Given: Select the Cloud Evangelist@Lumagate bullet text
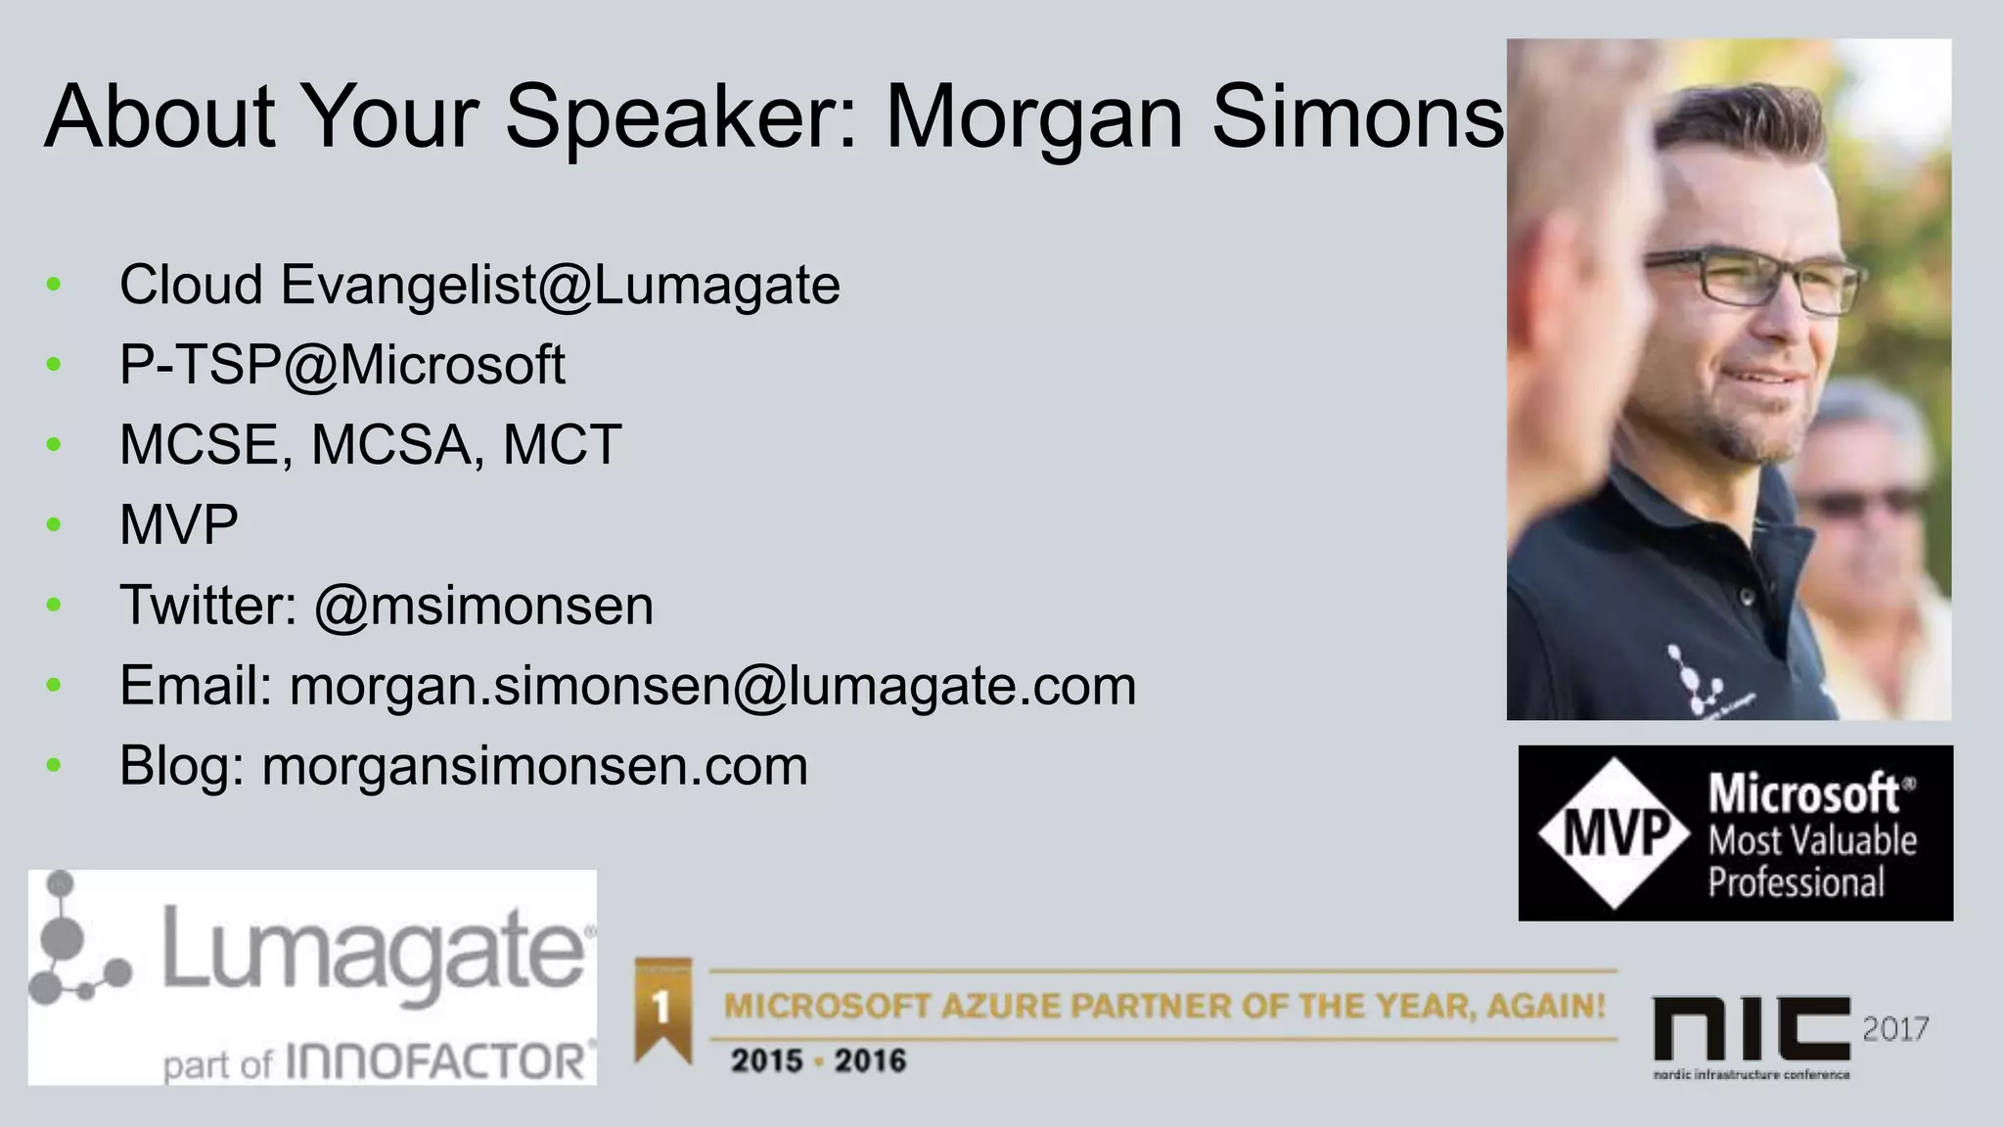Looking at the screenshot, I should [x=479, y=286].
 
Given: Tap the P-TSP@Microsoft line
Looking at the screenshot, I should [x=342, y=365].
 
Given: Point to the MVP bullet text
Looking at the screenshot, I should [x=178, y=525].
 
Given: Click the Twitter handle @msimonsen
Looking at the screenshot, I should [x=483, y=606].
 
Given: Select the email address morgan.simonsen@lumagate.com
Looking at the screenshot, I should [x=712, y=686].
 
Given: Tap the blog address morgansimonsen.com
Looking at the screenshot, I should [x=534, y=766].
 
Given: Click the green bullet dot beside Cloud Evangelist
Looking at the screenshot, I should [x=54, y=285].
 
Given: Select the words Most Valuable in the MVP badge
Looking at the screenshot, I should [x=1812, y=840].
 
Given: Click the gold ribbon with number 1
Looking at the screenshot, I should [x=662, y=1008].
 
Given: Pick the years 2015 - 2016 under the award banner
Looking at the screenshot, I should [x=818, y=1060].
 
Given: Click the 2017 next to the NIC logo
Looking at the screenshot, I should [x=1894, y=1029].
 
